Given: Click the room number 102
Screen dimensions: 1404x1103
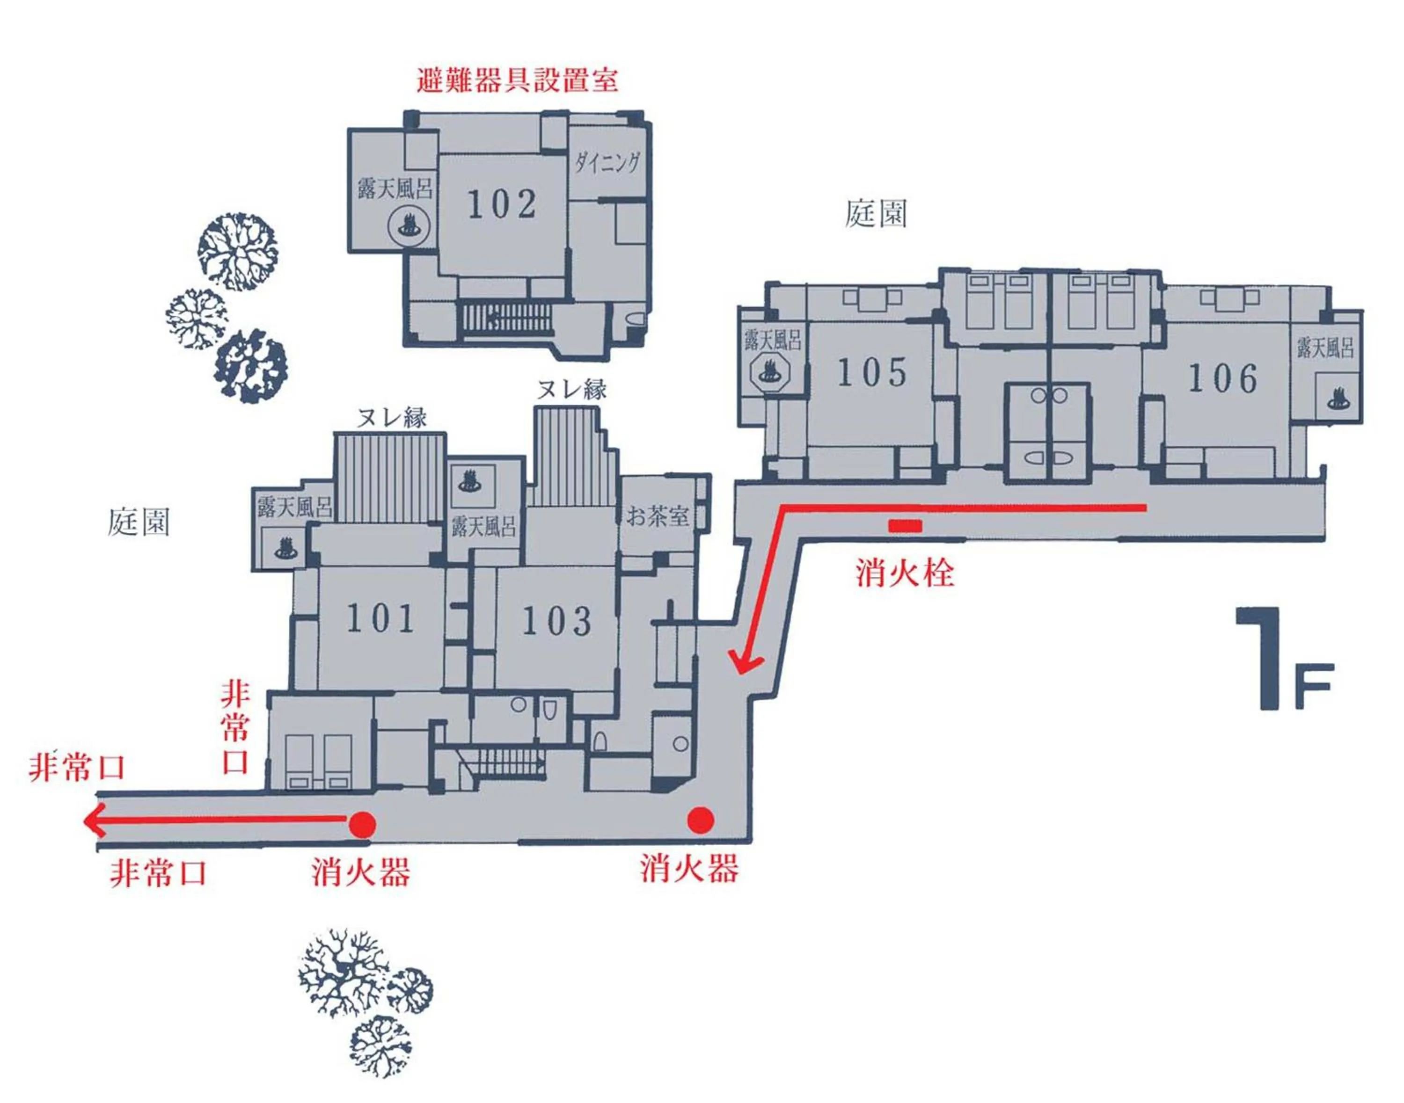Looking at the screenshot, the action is [502, 205].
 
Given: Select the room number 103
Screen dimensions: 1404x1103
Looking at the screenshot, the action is [556, 621].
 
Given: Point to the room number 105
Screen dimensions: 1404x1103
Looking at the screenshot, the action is [872, 373].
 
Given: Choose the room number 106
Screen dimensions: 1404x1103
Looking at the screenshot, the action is [1223, 378].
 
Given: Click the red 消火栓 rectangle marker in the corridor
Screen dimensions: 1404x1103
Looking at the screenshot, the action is [905, 526].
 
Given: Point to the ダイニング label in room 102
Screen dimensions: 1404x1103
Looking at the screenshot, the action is [607, 162].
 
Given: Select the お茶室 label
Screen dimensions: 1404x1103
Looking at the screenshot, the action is [657, 516].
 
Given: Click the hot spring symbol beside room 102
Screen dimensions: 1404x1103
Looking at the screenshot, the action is [409, 226].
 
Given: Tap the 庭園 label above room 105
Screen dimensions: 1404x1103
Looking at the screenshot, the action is [876, 213].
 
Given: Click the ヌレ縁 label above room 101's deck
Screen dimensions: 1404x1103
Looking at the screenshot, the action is [392, 419].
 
